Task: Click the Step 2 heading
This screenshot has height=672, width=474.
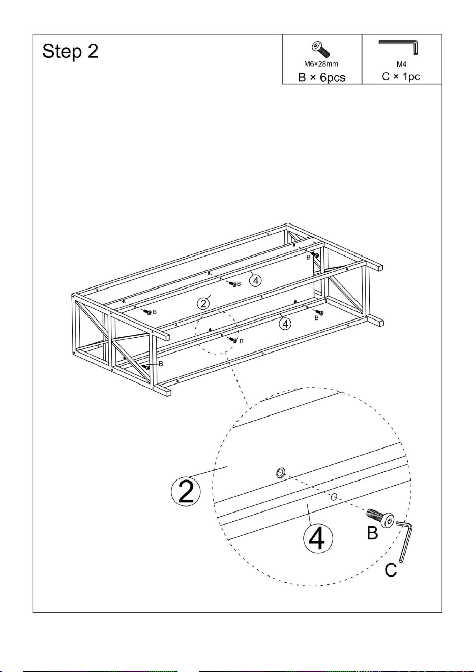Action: (70, 52)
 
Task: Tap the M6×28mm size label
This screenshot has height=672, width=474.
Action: (321, 64)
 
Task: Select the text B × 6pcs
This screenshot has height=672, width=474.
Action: (322, 77)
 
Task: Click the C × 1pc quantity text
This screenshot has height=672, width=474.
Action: (401, 77)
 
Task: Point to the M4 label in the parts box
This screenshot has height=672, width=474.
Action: (401, 64)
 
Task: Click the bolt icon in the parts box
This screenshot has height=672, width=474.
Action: (321, 49)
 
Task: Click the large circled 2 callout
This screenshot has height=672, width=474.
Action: (186, 491)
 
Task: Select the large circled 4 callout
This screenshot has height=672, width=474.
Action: (318, 538)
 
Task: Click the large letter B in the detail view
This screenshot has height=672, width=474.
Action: (372, 533)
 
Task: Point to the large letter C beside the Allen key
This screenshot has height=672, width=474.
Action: (391, 570)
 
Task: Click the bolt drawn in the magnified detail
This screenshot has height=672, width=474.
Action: (380, 518)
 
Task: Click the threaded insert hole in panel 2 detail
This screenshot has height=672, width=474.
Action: (281, 474)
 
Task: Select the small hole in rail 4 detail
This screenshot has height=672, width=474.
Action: (333, 497)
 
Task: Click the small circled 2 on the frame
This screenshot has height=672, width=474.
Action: (203, 304)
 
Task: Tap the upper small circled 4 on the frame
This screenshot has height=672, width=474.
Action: (256, 280)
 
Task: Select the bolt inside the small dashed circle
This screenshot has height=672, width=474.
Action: (232, 339)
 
